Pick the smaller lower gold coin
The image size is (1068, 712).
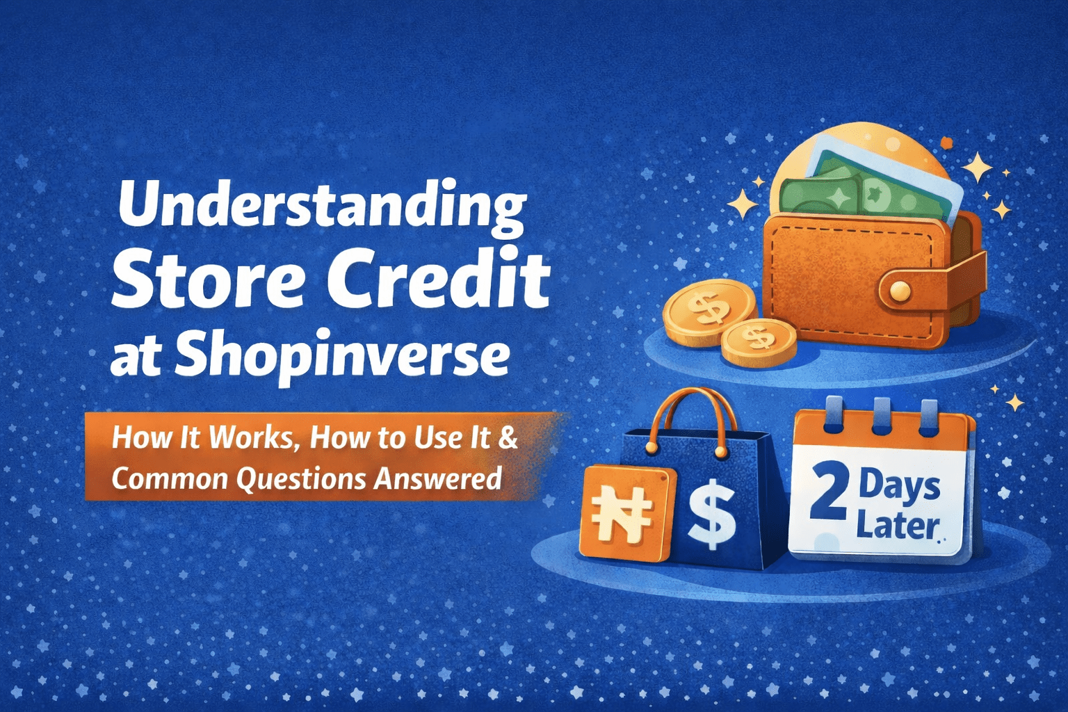(759, 341)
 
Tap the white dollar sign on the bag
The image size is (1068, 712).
(711, 516)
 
